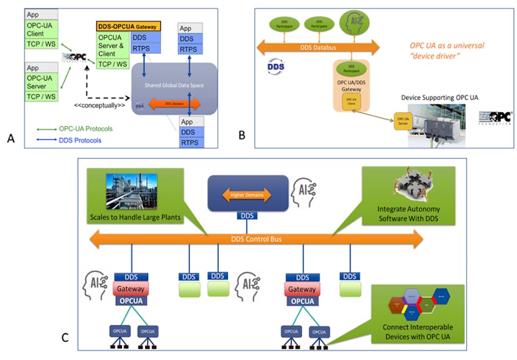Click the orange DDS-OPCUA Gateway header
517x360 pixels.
tap(128, 27)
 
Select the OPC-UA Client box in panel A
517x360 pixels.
tap(41, 29)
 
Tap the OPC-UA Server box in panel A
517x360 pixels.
tap(41, 82)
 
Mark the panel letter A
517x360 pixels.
tap(10, 139)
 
